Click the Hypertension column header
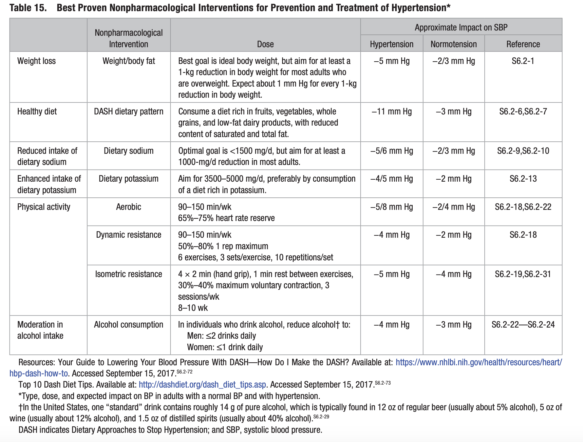tap(391, 44)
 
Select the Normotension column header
tap(453, 44)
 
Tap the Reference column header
tap(523, 44)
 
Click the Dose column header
tap(265, 44)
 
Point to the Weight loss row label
tap(36, 61)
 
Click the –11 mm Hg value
tap(391, 111)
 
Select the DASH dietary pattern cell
tap(128, 111)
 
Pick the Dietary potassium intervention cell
tap(128, 179)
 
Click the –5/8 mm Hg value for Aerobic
tap(391, 207)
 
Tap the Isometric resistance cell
tap(128, 274)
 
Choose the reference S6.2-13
tap(523, 179)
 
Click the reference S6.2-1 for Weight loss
tap(523, 61)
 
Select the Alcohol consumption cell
tap(128, 325)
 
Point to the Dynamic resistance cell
tap(128, 235)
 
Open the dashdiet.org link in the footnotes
tap(202, 385)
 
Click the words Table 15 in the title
tap(28, 8)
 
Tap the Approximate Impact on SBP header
tap(461, 27)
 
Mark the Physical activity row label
tap(44, 207)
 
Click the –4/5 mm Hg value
tap(391, 179)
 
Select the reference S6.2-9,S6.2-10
tap(523, 151)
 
